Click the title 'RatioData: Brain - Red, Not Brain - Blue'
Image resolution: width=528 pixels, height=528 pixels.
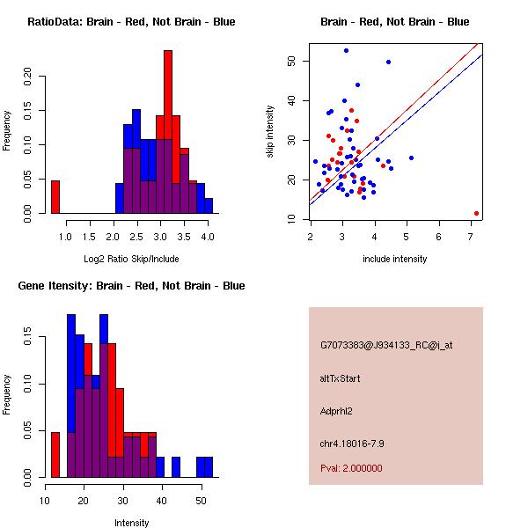(131, 21)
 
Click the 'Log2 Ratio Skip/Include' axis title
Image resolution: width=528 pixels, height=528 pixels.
(131, 258)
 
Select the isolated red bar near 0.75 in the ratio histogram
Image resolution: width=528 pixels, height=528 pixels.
(55, 196)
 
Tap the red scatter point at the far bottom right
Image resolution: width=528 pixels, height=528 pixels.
(476, 213)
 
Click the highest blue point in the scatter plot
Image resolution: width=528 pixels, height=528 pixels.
(346, 50)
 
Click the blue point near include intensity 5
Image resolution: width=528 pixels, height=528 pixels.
(411, 158)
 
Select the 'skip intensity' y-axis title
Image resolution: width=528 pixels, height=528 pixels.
(270, 132)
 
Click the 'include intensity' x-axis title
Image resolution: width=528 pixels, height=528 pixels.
(394, 259)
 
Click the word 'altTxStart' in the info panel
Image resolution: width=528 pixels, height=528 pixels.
(341, 378)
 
